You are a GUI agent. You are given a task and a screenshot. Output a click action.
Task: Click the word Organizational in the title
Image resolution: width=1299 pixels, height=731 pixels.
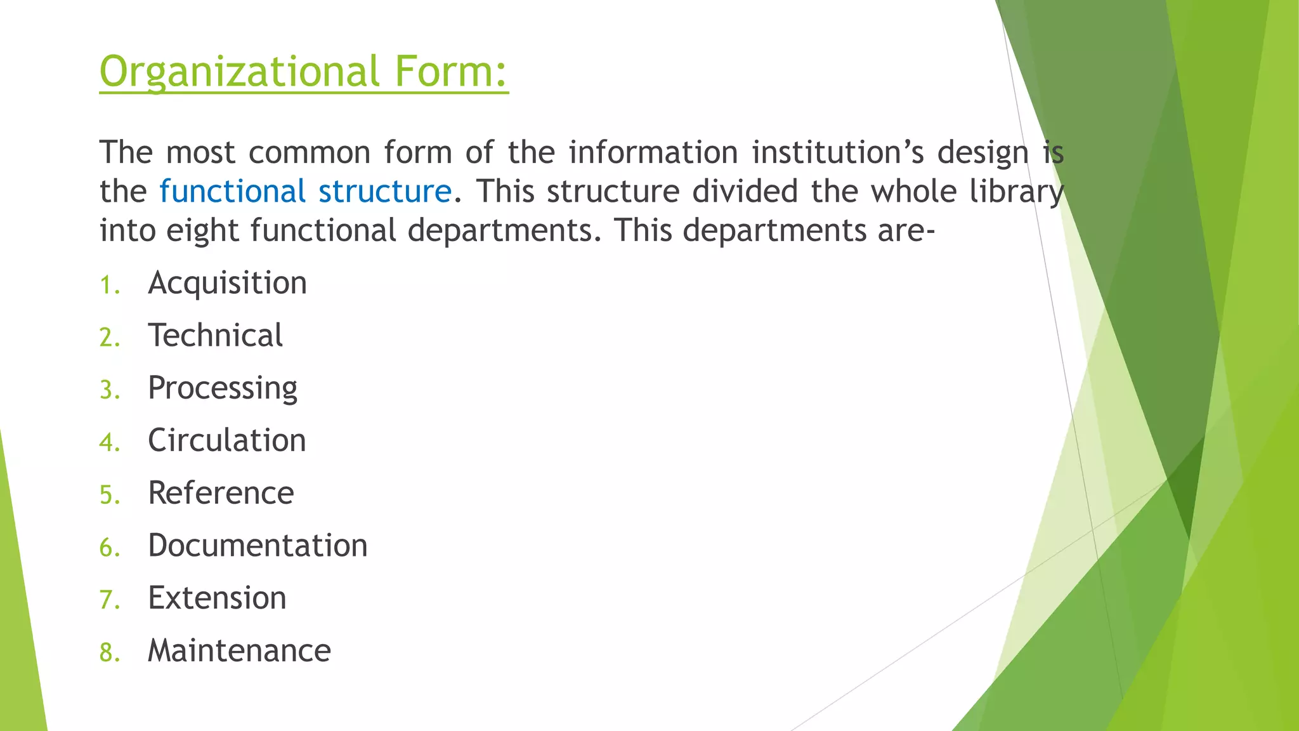coord(239,71)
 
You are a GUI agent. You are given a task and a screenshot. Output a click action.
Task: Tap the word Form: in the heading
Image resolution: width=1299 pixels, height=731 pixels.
coord(451,71)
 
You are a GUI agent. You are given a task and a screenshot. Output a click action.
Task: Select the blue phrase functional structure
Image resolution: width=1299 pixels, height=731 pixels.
coord(305,191)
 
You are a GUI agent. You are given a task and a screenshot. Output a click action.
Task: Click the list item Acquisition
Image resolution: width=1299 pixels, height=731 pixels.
coord(227,283)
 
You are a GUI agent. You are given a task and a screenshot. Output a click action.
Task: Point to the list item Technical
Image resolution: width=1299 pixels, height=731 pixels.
coord(215,336)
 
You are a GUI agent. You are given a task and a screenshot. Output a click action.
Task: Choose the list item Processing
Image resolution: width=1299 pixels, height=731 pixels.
coord(223,388)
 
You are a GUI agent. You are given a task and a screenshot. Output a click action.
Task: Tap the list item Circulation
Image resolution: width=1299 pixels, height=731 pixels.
coord(226,440)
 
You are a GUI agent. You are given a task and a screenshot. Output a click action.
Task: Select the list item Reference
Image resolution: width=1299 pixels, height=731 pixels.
coord(221,493)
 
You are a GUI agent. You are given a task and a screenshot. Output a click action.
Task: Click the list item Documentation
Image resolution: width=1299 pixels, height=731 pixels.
coord(258,546)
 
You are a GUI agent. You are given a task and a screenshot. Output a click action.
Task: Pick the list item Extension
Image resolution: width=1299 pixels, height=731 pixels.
coord(217,598)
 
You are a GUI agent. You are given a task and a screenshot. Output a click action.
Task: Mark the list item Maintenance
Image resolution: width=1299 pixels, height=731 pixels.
coord(239,651)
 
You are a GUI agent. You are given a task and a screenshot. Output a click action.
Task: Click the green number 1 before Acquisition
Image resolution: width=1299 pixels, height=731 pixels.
coord(108,286)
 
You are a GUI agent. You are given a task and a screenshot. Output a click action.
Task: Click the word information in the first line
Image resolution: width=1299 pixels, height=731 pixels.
coord(653,153)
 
